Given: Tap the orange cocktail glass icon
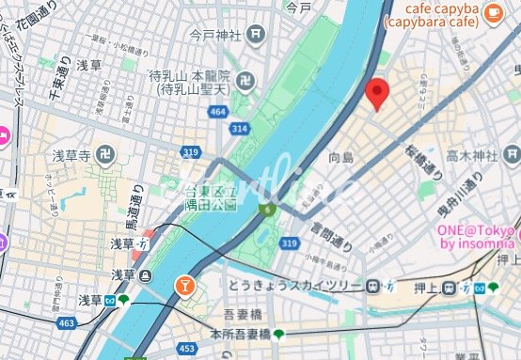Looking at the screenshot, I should (185, 283).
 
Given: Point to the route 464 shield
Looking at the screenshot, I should (218, 111).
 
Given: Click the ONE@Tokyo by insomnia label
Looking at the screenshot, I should (477, 238).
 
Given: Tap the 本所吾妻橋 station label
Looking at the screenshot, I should (242, 332).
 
